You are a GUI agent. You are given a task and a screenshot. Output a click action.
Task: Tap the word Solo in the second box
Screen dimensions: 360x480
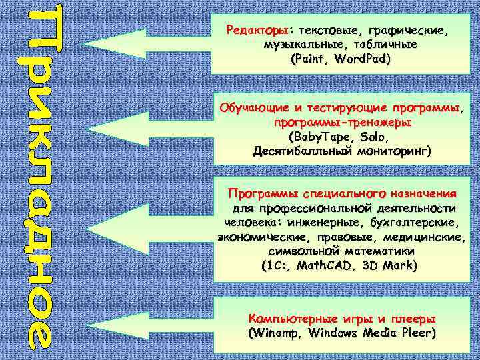(373, 137)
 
